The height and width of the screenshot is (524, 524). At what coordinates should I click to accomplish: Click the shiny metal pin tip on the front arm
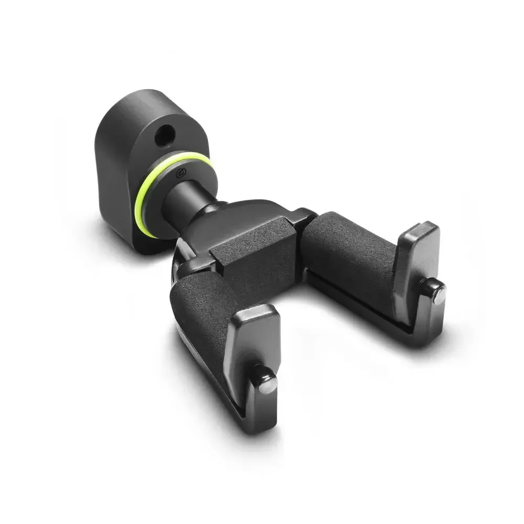[x=269, y=384]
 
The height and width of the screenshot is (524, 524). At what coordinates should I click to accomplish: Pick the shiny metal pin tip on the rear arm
[x=439, y=296]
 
